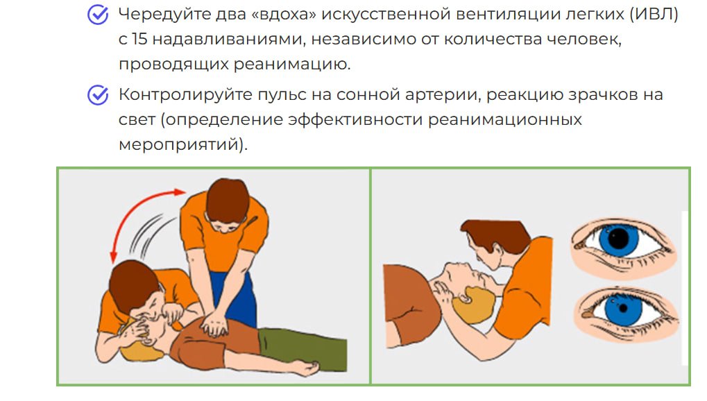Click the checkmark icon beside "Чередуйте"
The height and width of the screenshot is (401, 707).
point(98,15)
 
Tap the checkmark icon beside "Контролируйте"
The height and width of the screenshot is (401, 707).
point(98,95)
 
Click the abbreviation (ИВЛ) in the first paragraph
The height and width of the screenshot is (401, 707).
point(654,15)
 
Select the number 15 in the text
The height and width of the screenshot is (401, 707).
point(139,40)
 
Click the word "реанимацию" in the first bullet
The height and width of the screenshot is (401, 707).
point(291,64)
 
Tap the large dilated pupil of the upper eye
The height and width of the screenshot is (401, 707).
point(619,238)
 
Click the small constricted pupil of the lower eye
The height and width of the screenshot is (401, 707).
point(623,309)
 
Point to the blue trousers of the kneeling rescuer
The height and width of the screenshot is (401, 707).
point(235,298)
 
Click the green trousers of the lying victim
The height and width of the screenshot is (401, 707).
point(302,348)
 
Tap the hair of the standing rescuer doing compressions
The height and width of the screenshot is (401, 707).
point(228,200)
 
